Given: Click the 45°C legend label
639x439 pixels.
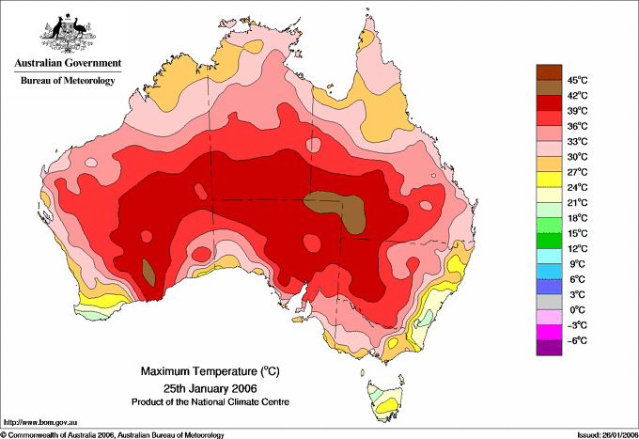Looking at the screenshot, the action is [x=578, y=80].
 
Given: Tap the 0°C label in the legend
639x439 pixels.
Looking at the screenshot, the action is [x=578, y=310].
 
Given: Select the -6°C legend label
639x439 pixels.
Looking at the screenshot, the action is [x=577, y=340].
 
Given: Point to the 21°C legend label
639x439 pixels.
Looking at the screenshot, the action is [x=578, y=203].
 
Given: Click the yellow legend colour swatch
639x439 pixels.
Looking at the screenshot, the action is [x=549, y=180].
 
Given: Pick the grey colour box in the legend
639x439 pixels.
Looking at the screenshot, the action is [x=549, y=302].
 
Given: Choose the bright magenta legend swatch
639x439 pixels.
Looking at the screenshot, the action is [x=549, y=333].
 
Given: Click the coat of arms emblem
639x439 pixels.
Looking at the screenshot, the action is [x=68, y=33].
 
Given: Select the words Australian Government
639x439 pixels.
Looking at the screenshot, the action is [x=68, y=63].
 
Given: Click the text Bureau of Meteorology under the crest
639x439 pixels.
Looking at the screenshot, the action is [x=68, y=80].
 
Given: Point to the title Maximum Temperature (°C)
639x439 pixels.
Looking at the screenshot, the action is [x=210, y=371].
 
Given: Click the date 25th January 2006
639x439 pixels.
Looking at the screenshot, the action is [x=210, y=387].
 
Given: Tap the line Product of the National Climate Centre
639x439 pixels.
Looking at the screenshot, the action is [x=210, y=402].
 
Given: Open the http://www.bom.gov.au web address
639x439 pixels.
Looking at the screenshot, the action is [x=40, y=423].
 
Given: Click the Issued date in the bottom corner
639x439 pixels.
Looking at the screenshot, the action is [x=608, y=435].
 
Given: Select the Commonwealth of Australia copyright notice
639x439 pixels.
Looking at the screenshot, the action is [x=113, y=435].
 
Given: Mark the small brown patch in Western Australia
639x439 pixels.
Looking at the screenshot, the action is [x=148, y=273].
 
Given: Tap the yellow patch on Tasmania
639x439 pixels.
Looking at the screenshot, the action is [x=386, y=406].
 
